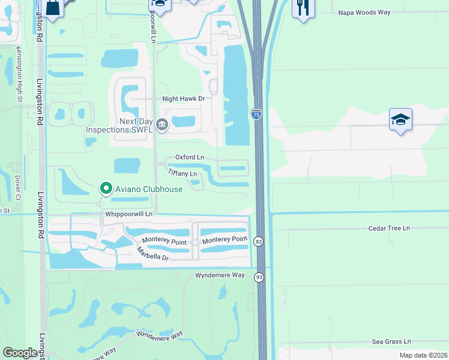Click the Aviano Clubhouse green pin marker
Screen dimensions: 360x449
[x=106, y=189]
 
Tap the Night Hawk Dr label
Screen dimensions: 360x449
[x=184, y=98]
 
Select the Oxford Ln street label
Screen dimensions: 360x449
[x=190, y=157]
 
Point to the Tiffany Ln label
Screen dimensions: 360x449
[x=182, y=173]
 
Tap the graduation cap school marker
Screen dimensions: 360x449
[x=400, y=119]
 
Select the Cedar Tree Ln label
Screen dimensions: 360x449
[x=389, y=229]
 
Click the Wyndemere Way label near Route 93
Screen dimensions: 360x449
[x=220, y=275]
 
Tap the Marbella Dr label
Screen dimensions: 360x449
[x=152, y=254]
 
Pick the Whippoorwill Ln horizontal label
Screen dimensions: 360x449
[x=128, y=214]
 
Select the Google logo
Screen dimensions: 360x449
[x=20, y=352]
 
